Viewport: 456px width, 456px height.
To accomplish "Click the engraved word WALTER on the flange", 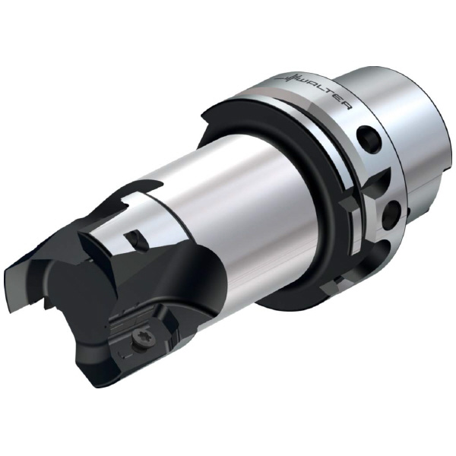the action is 326,92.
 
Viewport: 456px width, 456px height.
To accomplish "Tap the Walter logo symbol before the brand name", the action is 291,78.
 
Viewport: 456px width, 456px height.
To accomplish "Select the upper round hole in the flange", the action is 369,137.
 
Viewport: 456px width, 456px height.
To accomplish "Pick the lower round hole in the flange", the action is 392,214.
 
